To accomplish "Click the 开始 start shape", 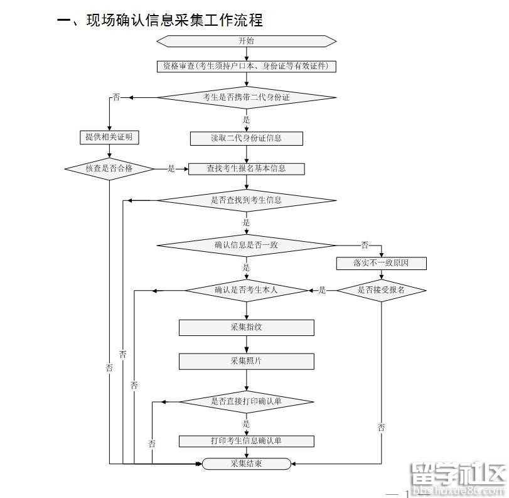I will (246, 41).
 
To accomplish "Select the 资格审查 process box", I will (246, 66).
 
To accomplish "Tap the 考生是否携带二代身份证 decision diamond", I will (246, 97).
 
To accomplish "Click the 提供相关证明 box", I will (109, 138).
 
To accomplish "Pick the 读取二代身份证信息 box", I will (246, 138).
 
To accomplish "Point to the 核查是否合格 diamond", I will (109, 168).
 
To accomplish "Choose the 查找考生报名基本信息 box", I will (246, 168).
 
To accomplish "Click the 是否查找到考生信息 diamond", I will (246, 200).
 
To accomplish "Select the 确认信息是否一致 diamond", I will (246, 245).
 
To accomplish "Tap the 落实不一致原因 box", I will (381, 263).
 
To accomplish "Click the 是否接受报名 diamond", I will (381, 290).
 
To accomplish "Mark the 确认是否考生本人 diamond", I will (246, 290).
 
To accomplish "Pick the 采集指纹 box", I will (246, 327).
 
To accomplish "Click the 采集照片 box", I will (246, 361).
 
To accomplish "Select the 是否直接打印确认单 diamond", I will (246, 401).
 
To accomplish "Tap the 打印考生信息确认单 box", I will (246, 441).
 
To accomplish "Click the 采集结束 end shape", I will (246, 463).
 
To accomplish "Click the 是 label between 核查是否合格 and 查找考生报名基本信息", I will (171, 168).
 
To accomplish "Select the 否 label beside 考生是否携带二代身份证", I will (116, 97).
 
